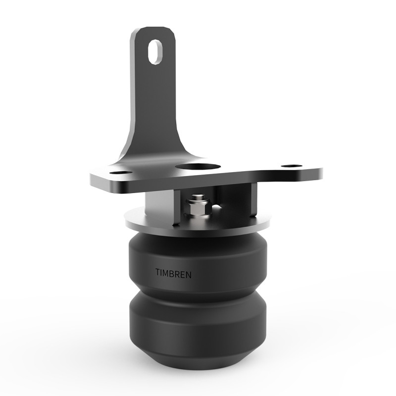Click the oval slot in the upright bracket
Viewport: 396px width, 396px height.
point(155,51)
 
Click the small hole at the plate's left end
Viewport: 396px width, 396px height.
point(120,173)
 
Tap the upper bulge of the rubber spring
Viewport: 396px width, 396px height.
point(198,257)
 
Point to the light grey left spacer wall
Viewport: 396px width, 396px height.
point(158,208)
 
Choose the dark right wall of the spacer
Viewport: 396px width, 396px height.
point(243,203)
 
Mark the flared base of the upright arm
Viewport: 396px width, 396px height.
point(148,148)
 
